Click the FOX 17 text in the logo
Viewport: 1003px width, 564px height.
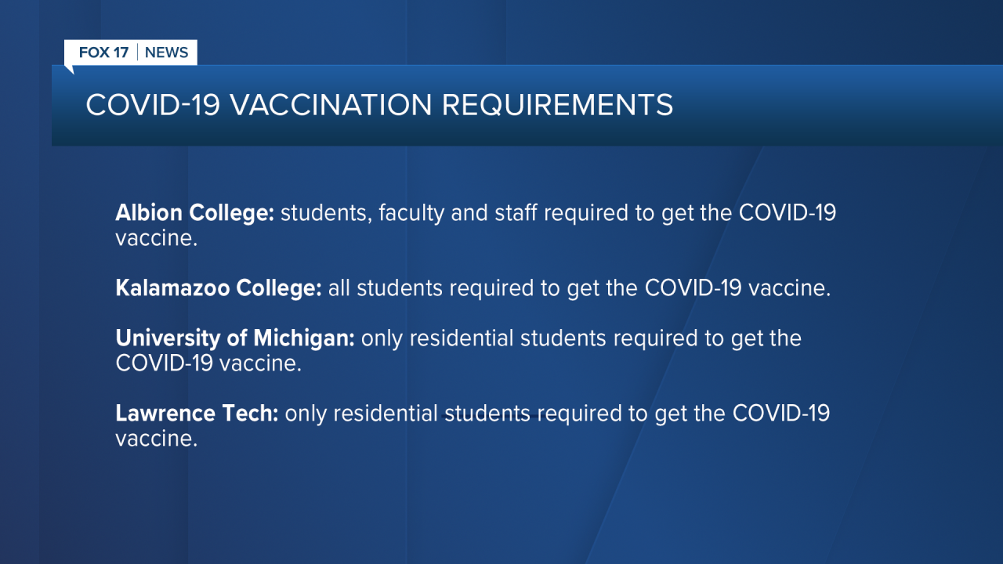tap(104, 52)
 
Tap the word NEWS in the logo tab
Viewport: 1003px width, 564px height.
tap(167, 52)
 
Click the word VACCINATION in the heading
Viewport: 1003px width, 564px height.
tap(331, 105)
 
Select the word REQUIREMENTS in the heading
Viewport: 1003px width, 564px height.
tap(557, 105)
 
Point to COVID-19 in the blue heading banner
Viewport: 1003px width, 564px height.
tap(153, 105)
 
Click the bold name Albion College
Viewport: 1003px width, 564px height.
tap(195, 213)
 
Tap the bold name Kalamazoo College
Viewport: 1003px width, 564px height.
tap(219, 287)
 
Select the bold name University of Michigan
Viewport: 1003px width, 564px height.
tap(235, 338)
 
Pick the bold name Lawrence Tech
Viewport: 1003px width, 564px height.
tap(197, 413)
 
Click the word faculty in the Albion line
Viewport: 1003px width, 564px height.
tap(411, 212)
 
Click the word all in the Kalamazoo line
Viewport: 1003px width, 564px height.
tap(339, 287)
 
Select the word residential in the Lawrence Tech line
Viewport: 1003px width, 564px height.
tap(386, 413)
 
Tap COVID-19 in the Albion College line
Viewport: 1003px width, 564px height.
tap(788, 212)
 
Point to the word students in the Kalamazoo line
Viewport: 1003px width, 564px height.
tap(400, 287)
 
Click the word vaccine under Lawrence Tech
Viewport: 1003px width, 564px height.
tap(156, 439)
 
